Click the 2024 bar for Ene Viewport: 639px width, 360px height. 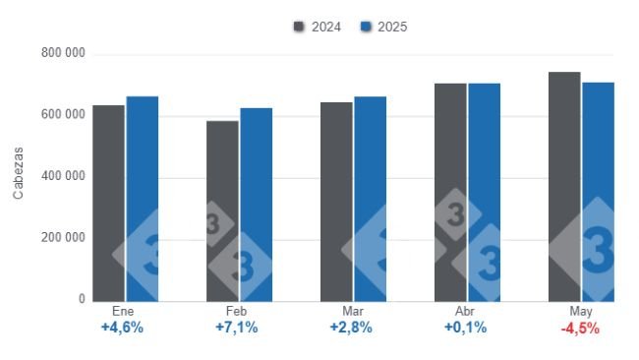click(108, 202)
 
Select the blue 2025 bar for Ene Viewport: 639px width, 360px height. click(142, 198)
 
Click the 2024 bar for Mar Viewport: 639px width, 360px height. click(336, 201)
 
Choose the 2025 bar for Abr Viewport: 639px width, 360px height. click(484, 192)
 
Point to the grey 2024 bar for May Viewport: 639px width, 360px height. click(564, 186)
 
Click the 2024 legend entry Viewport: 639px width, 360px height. click(318, 27)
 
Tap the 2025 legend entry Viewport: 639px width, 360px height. click(383, 27)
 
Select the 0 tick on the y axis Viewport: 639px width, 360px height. click(82, 299)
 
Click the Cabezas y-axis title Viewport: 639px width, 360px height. click(19, 176)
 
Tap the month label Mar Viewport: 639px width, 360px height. click(351, 312)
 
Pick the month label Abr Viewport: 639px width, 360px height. click(465, 312)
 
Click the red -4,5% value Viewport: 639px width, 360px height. click(580, 329)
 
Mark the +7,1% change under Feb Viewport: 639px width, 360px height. click(237, 329)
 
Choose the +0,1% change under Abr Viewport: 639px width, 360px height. click(465, 329)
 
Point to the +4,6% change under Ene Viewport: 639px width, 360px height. click(123, 329)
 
